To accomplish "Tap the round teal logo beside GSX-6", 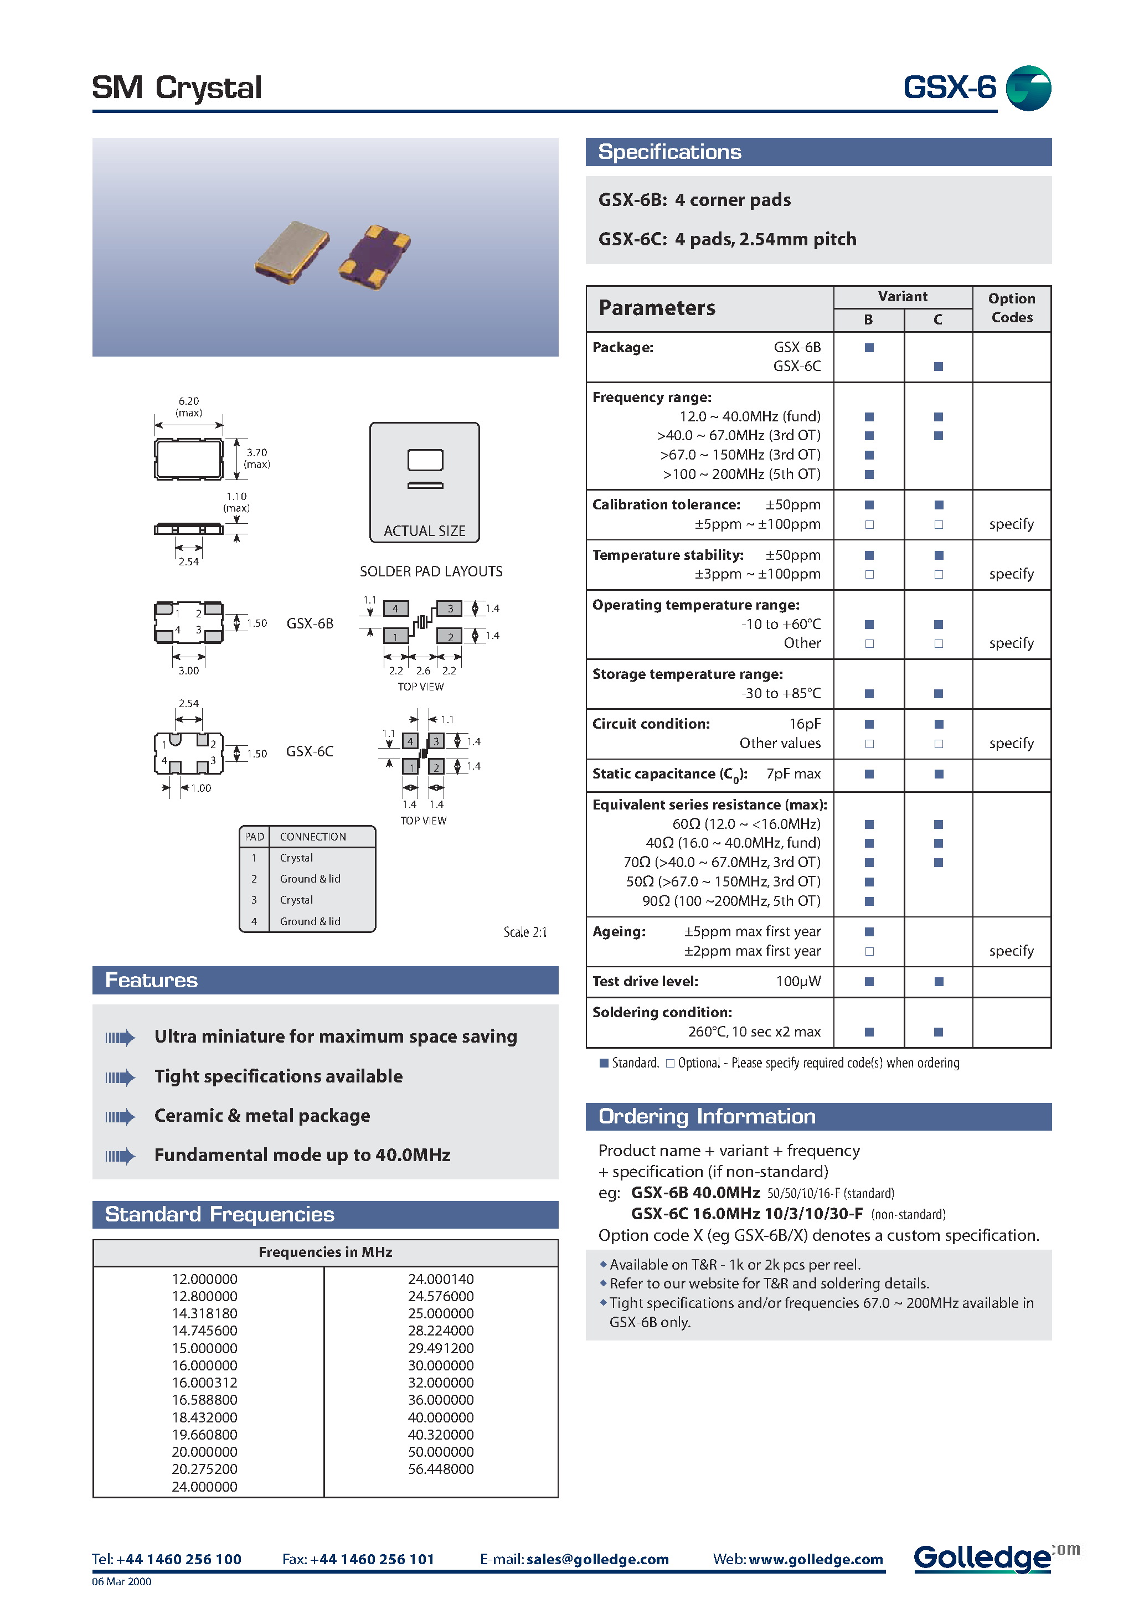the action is click(1028, 88).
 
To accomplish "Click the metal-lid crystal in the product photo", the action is click(292, 252).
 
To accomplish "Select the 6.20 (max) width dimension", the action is click(188, 406).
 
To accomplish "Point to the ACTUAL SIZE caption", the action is click(424, 531).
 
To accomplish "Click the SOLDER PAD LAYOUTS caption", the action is click(431, 571).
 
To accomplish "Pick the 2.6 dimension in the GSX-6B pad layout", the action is click(422, 671).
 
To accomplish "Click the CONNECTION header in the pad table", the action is click(312, 836).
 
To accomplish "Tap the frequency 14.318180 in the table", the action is click(204, 1313).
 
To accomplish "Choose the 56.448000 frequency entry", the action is click(441, 1469).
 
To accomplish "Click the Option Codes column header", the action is click(1012, 308).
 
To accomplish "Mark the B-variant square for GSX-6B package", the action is click(869, 348).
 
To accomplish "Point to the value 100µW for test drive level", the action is click(798, 982).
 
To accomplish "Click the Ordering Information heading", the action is click(707, 1116).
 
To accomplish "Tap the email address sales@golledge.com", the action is click(597, 1559).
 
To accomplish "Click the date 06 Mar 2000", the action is click(121, 1582).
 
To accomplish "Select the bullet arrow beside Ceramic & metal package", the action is click(120, 1116).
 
